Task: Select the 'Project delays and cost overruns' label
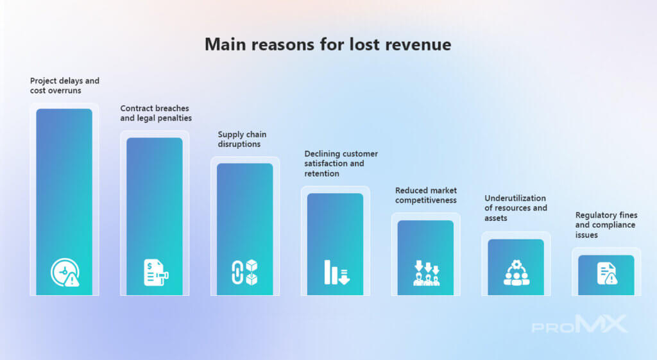coord(65,85)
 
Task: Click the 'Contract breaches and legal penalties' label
coord(156,113)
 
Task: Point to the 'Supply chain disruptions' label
coord(242,139)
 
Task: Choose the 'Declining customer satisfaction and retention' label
coord(341,164)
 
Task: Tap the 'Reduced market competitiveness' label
coord(426,195)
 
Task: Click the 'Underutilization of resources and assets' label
coord(516,208)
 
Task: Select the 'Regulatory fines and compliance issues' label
coord(606,225)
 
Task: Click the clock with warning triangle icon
coord(65,273)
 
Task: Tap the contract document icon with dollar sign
coord(156,273)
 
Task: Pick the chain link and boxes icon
coord(244,273)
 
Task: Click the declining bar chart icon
coord(336,273)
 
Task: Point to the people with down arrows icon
coord(427,273)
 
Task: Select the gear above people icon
coord(516,273)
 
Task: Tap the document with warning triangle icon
coord(607,273)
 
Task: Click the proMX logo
coord(579,324)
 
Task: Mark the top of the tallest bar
coord(64,109)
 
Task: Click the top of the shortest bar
coord(606,255)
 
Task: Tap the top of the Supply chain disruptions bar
coord(244,164)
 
